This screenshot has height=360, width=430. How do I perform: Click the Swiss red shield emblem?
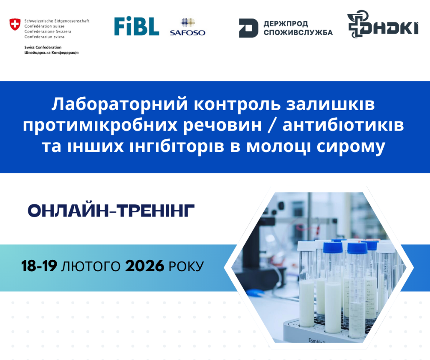15,24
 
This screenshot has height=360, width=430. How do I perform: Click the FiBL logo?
137,26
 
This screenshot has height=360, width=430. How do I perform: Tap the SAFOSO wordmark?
187,33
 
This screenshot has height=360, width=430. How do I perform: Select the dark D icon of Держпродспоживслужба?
248,28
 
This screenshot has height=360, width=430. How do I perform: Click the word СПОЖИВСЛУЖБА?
298,32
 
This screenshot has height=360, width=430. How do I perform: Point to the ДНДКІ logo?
383,24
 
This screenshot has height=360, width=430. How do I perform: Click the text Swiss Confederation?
43,47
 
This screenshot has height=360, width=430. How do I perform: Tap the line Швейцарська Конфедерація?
51,53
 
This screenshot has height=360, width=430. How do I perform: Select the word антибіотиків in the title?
343,125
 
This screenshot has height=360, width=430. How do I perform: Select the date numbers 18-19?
39,266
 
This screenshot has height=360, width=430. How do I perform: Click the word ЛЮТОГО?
91,266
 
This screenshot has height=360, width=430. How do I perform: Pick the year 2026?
144,266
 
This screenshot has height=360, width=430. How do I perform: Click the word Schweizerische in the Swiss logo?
39,21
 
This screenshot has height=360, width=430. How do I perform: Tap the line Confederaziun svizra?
44,37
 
